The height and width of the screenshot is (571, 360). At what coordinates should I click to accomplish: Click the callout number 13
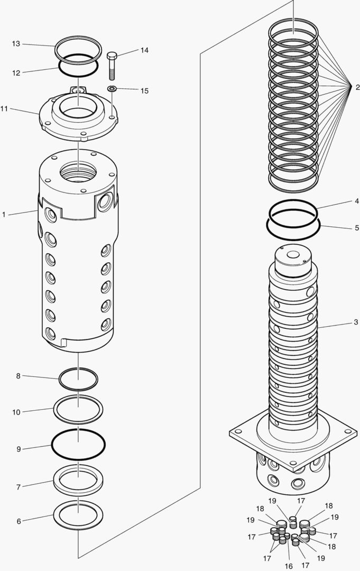pyautogui.click(x=16, y=44)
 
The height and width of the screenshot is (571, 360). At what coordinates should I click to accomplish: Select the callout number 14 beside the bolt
pyautogui.click(x=144, y=50)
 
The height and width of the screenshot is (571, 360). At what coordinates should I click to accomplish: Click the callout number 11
pyautogui.click(x=4, y=109)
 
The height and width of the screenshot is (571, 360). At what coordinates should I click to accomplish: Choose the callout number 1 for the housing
pyautogui.click(x=4, y=215)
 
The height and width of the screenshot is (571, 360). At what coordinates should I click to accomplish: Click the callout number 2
pyautogui.click(x=357, y=87)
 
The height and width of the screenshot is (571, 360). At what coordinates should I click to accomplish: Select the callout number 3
pyautogui.click(x=356, y=322)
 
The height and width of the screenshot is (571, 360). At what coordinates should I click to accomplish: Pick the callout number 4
pyautogui.click(x=357, y=201)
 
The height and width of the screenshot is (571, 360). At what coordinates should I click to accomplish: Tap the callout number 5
pyautogui.click(x=357, y=228)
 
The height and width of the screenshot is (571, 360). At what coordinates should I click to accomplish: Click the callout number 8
pyautogui.click(x=18, y=376)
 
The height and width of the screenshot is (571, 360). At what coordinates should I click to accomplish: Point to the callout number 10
pyautogui.click(x=16, y=412)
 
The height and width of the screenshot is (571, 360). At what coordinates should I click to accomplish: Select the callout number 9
pyautogui.click(x=18, y=449)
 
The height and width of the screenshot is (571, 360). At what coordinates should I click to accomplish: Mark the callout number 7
pyautogui.click(x=18, y=487)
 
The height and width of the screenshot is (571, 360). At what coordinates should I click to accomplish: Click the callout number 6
pyautogui.click(x=19, y=521)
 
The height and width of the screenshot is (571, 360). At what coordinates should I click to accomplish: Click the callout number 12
pyautogui.click(x=16, y=73)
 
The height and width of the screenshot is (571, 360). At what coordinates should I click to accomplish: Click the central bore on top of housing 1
pyautogui.click(x=78, y=172)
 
